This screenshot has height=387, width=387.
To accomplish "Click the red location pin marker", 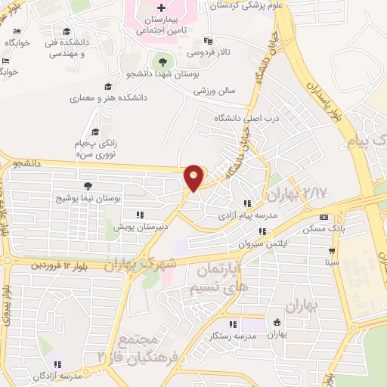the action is pyautogui.click(x=194, y=177).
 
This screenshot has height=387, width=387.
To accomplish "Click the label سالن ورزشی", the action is pyautogui.click(x=215, y=91).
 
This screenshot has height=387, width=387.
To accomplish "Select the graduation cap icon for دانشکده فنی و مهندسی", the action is pyautogui.click(x=67, y=31).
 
